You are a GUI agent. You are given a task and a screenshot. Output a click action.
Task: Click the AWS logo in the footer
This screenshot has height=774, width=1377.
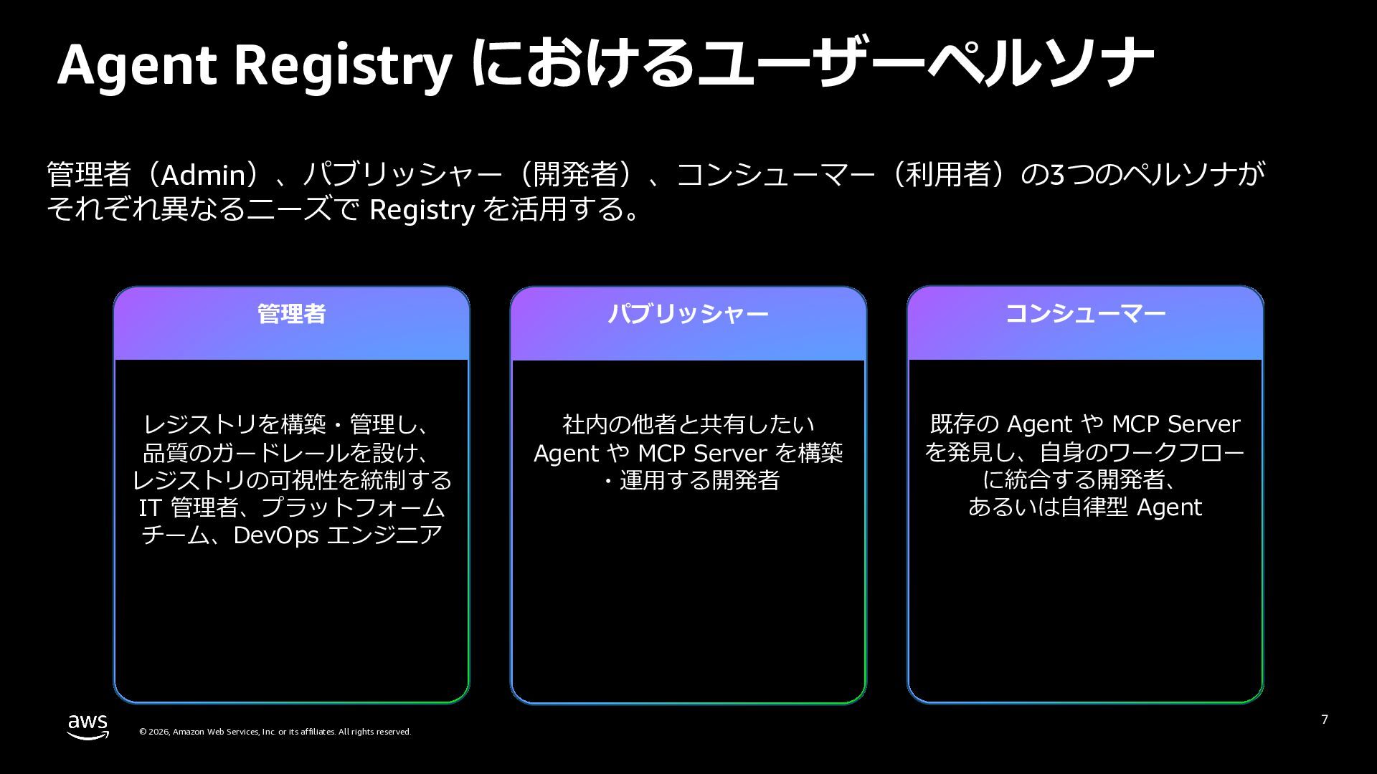click(88, 726)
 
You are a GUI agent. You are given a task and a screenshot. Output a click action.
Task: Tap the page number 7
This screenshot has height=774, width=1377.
click(1325, 720)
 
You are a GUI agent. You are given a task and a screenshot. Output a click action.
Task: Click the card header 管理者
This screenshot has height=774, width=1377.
click(291, 314)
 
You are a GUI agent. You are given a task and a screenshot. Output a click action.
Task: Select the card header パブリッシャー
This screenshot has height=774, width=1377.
click(688, 314)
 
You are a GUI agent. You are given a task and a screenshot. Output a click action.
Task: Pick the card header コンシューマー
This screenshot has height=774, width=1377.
click(1084, 314)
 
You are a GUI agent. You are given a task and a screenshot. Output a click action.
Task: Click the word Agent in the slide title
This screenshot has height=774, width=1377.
click(136, 64)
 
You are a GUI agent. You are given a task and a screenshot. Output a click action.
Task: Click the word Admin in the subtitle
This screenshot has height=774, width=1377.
click(203, 176)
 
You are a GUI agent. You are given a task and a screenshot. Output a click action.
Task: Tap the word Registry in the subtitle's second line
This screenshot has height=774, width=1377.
click(421, 210)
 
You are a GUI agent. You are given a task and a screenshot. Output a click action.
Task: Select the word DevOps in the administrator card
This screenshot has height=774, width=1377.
click(275, 535)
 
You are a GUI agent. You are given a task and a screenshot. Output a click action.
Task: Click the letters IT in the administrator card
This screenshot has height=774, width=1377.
click(149, 508)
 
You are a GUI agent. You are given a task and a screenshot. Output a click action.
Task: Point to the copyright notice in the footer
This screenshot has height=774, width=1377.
click(275, 732)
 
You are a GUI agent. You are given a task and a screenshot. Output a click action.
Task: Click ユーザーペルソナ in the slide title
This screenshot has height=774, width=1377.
click(925, 64)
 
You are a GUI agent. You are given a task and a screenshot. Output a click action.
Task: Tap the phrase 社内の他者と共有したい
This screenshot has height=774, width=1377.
click(688, 425)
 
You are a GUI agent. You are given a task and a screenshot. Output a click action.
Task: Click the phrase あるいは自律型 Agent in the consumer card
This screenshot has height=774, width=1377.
click(1084, 507)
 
